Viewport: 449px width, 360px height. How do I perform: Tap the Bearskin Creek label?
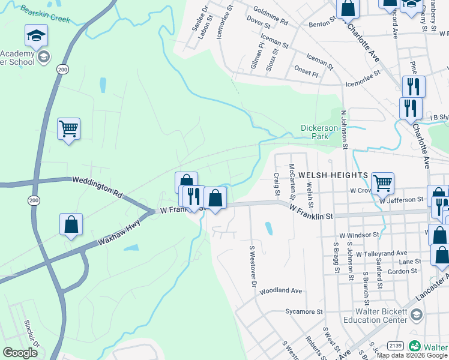[x=45, y=14]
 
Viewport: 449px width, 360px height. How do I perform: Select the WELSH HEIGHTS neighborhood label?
[x=333, y=175]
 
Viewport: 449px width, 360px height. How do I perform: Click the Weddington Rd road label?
[x=97, y=187]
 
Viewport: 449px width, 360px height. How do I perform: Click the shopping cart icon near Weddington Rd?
[x=68, y=128]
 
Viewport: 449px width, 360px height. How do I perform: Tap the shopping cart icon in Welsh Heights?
[x=382, y=183]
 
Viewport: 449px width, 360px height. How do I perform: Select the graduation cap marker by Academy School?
[x=36, y=36]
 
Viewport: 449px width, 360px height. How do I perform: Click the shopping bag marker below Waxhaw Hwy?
[x=71, y=224]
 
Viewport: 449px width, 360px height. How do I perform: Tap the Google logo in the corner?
[x=20, y=353]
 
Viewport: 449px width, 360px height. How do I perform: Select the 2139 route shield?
[x=395, y=346]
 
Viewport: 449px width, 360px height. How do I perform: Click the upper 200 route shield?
[x=62, y=70]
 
